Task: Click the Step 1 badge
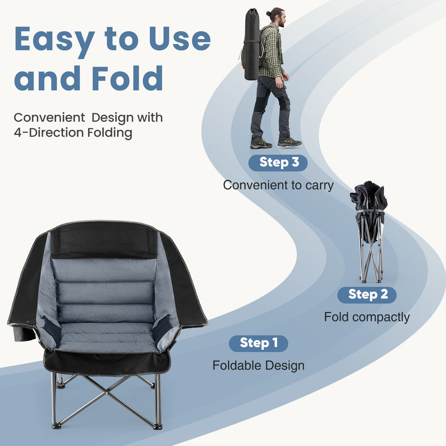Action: tap(258, 343)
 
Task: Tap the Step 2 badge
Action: tap(367, 295)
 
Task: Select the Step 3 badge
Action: tap(278, 163)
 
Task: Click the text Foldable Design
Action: tap(258, 365)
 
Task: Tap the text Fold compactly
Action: tap(367, 317)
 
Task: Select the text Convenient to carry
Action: tap(278, 185)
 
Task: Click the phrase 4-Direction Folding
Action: tap(73, 132)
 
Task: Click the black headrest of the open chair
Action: tap(104, 240)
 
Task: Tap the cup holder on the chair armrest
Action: tap(23, 334)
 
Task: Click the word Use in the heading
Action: tap(179, 39)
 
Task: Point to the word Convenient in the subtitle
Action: tap(49, 118)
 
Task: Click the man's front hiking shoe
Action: tap(290, 142)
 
